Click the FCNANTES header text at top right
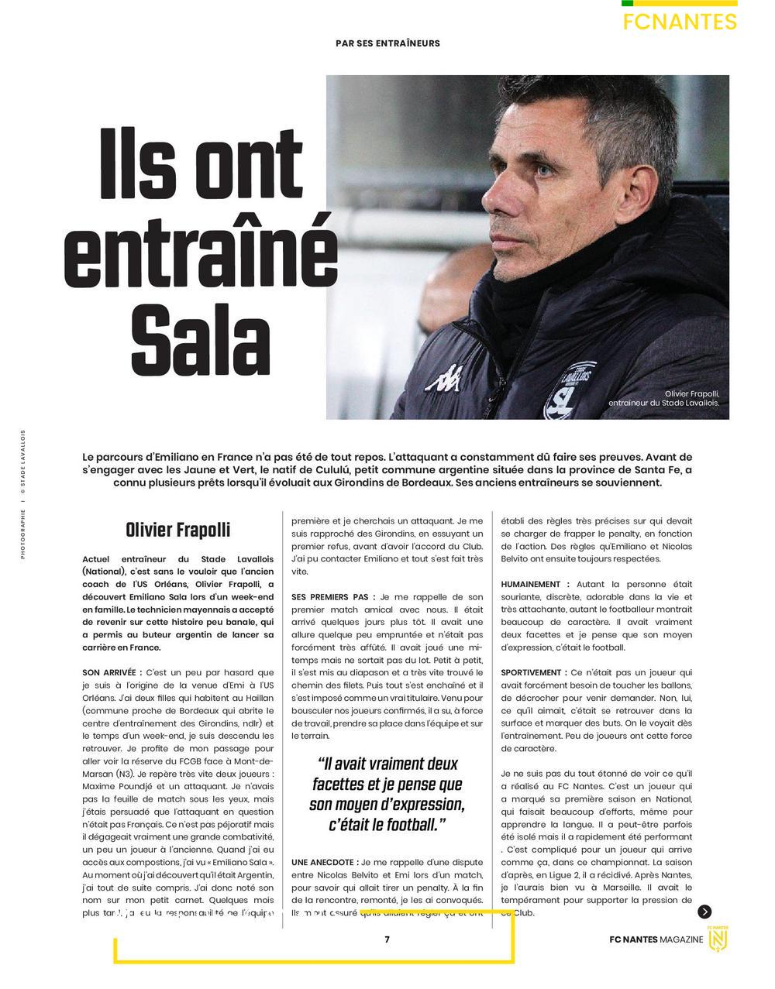click(679, 22)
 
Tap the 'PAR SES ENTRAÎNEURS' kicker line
click(387, 43)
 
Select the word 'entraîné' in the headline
click(200, 248)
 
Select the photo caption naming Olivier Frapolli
click(664, 398)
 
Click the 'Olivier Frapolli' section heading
click(177, 531)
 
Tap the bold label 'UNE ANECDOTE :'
click(325, 861)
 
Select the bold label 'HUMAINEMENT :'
click(535, 584)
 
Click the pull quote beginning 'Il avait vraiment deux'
click(387, 794)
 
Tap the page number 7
click(387, 939)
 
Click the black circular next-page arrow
click(704, 912)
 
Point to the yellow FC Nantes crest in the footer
click(719, 938)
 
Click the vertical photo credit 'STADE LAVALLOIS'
click(23, 461)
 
